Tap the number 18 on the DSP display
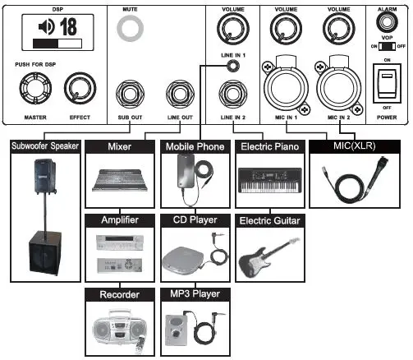pyautogui.click(x=67, y=25)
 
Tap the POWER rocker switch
pyautogui.click(x=385, y=85)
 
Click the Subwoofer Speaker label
pyautogui.click(x=44, y=147)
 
